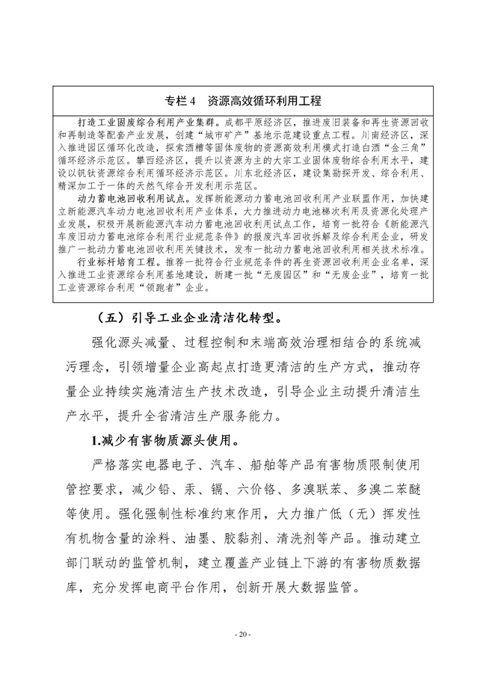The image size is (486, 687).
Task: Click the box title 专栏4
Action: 181,99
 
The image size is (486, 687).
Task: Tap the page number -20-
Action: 242,635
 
